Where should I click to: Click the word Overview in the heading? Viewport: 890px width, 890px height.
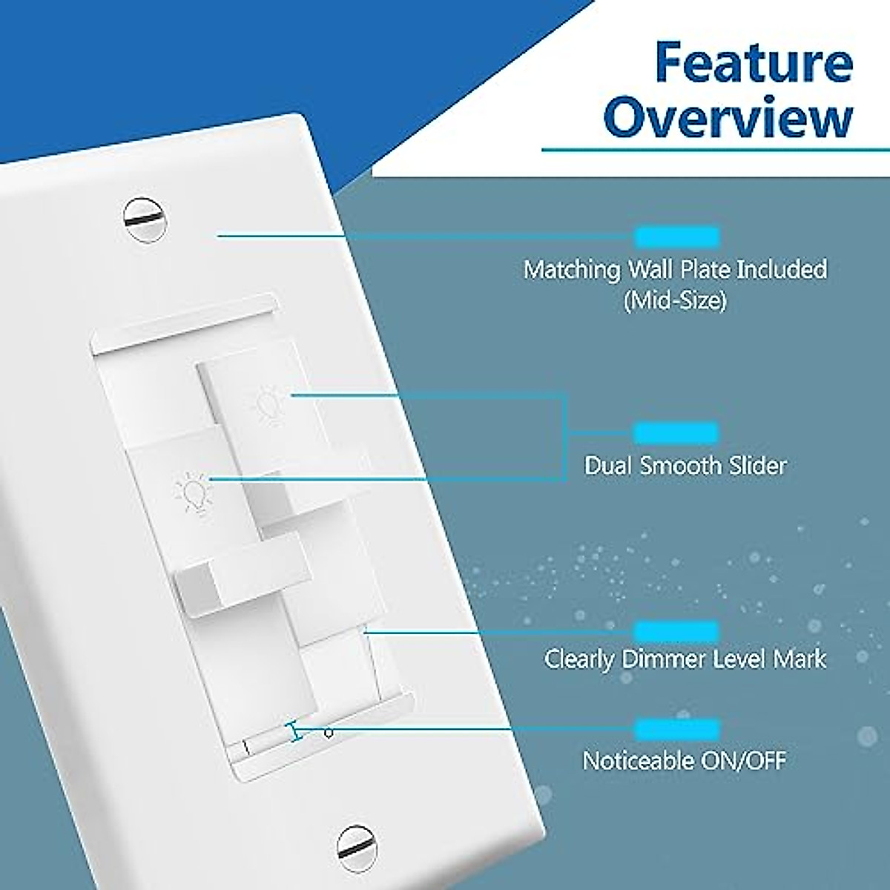coord(729,119)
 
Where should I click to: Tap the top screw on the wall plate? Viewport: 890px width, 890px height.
coord(145,220)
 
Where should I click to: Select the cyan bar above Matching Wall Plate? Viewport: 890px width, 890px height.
coord(676,237)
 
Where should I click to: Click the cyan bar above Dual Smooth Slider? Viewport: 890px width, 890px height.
coord(676,432)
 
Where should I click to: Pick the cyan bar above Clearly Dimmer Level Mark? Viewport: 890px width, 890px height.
coord(676,631)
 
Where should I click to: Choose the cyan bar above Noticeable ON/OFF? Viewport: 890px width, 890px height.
coord(676,728)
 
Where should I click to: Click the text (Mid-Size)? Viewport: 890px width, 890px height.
coord(675,300)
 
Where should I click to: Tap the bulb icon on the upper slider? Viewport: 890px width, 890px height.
coord(268,405)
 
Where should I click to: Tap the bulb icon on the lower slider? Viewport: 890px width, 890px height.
coord(192,493)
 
